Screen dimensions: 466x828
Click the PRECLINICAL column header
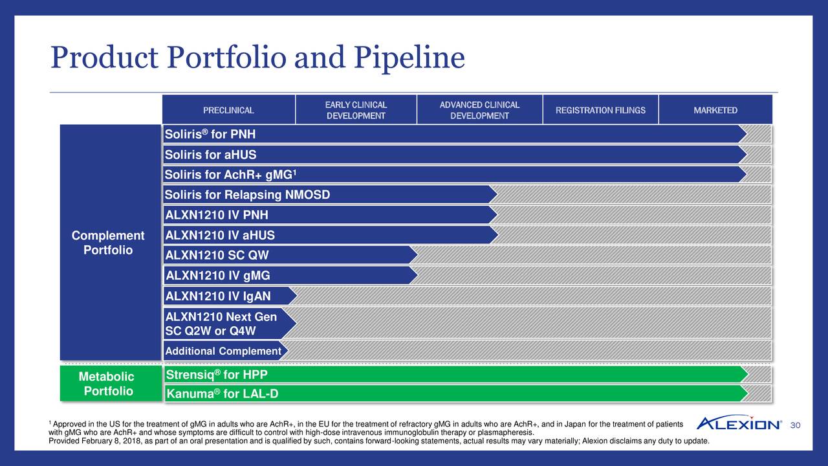(x=229, y=110)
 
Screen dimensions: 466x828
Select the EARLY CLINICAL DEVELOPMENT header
(x=356, y=110)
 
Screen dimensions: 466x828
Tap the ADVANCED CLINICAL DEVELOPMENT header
(x=479, y=110)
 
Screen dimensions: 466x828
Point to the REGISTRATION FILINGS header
(x=600, y=110)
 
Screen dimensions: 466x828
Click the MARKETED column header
(x=715, y=110)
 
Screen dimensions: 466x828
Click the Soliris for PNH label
(x=210, y=135)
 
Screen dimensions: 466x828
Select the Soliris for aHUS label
(x=211, y=155)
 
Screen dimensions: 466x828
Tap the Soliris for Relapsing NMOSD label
(x=247, y=195)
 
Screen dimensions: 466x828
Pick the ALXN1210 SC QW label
(x=217, y=256)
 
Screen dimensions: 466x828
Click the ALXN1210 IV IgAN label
(x=218, y=296)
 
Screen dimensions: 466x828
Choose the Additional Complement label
(x=223, y=351)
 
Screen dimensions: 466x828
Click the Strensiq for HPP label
(x=217, y=375)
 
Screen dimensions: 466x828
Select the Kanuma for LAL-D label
(x=222, y=394)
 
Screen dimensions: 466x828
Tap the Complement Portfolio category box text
(x=108, y=243)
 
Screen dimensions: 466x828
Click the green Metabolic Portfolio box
(x=108, y=384)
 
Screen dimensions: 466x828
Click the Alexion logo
(x=739, y=423)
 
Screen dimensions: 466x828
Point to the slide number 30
(x=796, y=425)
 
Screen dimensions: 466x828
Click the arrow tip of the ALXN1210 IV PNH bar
(x=496, y=215)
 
